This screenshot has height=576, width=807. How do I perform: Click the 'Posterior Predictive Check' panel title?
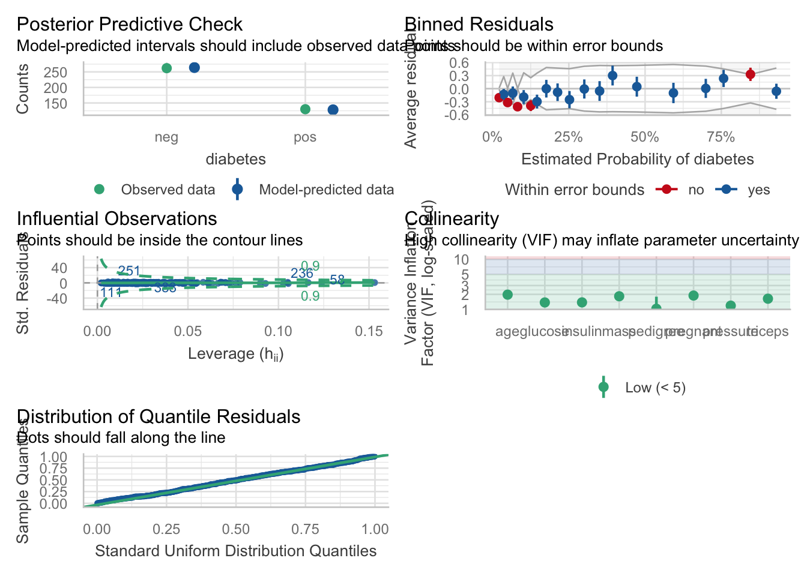pos(129,25)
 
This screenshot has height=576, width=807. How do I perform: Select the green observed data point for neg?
pos(167,68)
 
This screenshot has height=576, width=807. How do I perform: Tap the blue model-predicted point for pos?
pos(333,110)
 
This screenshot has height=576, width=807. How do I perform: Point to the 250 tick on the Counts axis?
pos(56,73)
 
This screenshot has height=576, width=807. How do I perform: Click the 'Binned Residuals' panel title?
pos(479,25)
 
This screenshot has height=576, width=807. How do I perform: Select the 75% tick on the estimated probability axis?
pos(721,137)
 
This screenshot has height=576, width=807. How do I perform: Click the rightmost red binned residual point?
pos(750,74)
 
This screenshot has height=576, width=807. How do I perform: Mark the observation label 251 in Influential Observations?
pos(129,271)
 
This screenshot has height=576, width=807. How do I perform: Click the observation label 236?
pos(302,274)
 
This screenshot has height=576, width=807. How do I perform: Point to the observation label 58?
pos(337,280)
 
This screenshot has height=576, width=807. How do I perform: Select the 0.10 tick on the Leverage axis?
pos(279,331)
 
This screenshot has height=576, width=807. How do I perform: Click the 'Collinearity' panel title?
pos(452,219)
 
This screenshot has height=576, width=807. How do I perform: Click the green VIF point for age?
pos(507,295)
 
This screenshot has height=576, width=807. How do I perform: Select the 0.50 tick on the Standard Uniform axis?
pos(236,529)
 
